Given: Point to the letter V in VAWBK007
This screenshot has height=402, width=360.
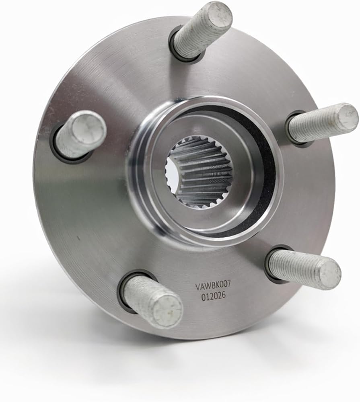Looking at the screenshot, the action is (198, 287).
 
